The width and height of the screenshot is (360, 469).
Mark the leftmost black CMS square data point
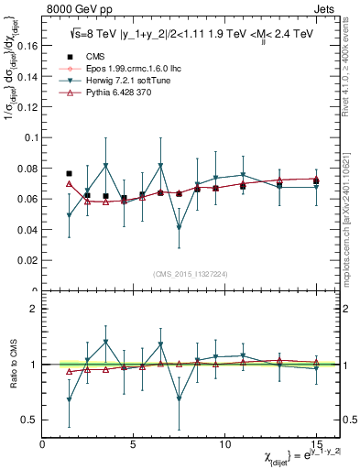tap(70, 173)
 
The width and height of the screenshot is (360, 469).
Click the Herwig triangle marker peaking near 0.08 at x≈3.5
tap(106, 166)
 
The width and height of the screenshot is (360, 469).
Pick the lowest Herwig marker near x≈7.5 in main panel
tap(180, 227)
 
